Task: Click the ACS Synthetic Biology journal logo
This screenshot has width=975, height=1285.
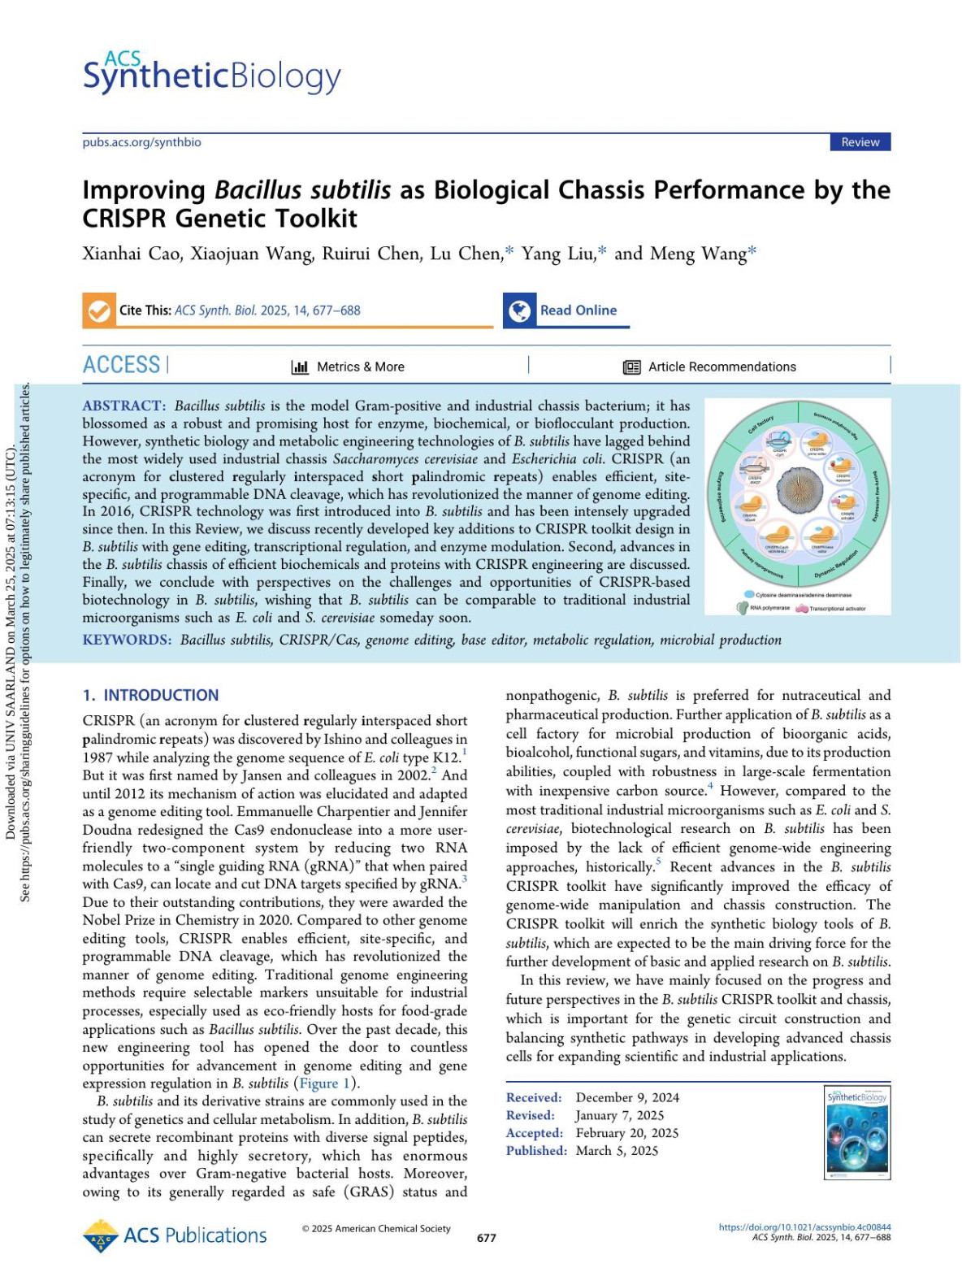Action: tap(211, 73)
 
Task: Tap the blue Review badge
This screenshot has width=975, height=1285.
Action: tap(860, 142)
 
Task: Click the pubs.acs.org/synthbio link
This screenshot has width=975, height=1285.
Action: tap(141, 142)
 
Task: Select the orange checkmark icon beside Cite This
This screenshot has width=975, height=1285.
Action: tap(99, 310)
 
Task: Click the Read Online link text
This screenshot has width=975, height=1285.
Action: tap(578, 310)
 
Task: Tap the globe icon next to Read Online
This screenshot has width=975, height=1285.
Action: tap(519, 310)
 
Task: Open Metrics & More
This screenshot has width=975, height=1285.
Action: tap(349, 367)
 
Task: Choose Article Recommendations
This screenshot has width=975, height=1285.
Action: tap(710, 367)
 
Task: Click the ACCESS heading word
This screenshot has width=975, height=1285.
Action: tap(121, 365)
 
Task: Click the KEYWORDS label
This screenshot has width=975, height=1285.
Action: tap(127, 640)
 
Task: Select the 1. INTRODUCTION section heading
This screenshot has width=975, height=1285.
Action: tap(150, 695)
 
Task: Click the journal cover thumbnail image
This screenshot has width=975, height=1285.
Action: tap(857, 1132)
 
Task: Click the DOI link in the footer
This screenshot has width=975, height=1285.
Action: tap(804, 1227)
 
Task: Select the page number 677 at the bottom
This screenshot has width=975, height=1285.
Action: tap(486, 1238)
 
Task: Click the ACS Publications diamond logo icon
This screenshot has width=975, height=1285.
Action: tap(101, 1235)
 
